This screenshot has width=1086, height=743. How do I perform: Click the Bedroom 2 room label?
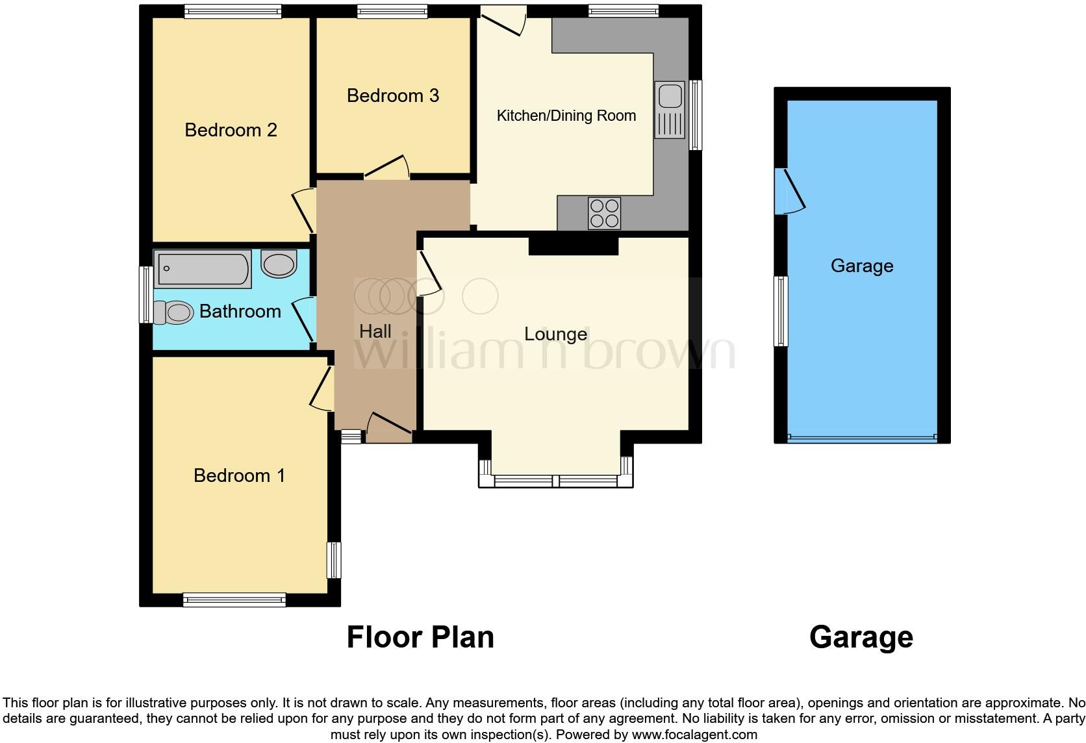[231, 130]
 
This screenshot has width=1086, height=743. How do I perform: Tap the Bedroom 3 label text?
[392, 95]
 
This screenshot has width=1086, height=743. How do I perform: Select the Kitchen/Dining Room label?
[566, 116]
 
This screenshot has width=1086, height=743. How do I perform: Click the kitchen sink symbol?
[670, 109]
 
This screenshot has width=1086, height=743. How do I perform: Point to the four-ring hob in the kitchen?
[604, 213]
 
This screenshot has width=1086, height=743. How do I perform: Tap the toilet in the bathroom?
[173, 312]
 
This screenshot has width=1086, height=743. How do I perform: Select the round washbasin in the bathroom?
[279, 264]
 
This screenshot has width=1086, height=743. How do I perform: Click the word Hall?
[375, 331]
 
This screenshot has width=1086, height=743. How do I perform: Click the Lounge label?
[555, 334]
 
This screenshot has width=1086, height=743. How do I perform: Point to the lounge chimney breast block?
[573, 246]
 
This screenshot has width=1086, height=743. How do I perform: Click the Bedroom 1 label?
[239, 475]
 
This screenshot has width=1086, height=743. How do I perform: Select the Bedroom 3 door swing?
[387, 168]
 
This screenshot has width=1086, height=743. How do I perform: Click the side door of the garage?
[789, 192]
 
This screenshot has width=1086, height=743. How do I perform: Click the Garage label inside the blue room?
[861, 266]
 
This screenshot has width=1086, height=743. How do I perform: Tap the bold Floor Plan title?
[420, 637]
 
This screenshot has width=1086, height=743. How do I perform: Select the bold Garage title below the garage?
[861, 637]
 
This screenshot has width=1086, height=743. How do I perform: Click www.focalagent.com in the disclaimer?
[694, 735]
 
